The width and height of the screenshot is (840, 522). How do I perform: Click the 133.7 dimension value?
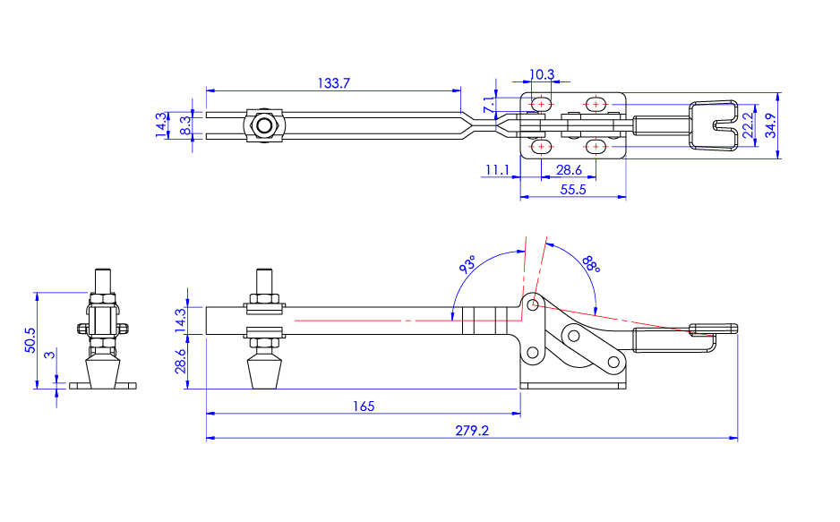click(x=333, y=82)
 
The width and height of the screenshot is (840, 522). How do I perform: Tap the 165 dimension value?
click(x=363, y=406)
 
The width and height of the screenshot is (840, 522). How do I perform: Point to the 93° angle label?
click(x=467, y=266)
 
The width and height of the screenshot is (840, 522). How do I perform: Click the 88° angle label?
click(x=589, y=264)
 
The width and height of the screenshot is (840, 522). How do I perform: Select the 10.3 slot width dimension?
click(x=542, y=74)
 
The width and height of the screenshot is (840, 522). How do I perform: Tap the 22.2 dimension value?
click(x=749, y=126)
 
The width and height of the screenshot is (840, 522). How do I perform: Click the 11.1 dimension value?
click(x=497, y=169)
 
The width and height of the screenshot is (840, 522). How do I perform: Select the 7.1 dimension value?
click(x=489, y=105)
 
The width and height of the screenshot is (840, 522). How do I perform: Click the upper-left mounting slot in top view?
click(x=541, y=105)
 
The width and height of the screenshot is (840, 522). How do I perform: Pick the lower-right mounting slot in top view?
click(x=596, y=146)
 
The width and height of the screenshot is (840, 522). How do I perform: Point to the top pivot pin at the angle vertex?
click(x=533, y=305)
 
